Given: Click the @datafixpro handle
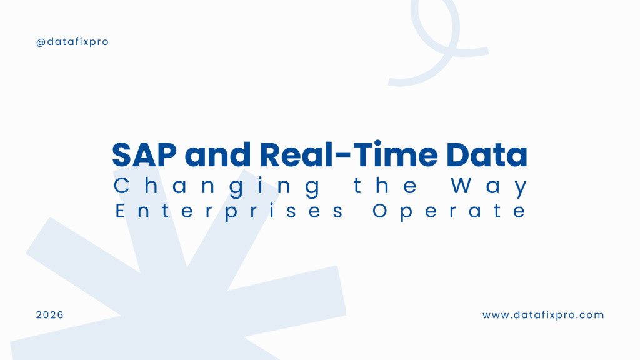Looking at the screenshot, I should pos(72,42).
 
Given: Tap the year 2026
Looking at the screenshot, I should pos(50,315).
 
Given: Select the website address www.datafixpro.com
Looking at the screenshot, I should pos(543,315).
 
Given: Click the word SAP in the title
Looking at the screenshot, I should pos(141,155).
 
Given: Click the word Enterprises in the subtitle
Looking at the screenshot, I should pos(229,211).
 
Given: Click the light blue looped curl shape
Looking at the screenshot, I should pos(437,37).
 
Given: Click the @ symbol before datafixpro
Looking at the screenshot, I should pos(41,42).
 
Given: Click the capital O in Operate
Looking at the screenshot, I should pos(381,211).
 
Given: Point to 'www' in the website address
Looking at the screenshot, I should pos(494,315).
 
